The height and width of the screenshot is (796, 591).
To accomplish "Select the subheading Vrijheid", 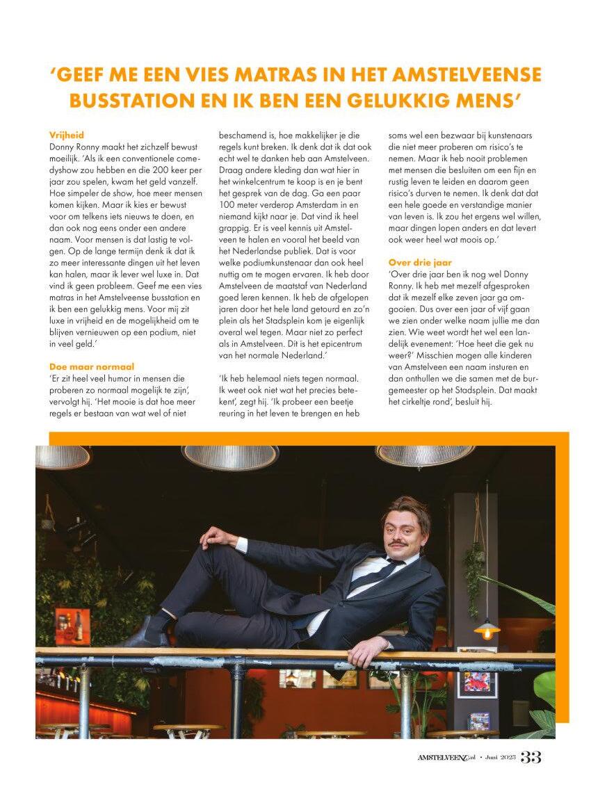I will [67, 135].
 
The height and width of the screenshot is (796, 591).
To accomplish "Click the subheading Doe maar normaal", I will [92, 366].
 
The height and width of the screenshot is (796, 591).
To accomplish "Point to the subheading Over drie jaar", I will [420, 262].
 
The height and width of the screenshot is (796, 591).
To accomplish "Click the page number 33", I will [531, 757].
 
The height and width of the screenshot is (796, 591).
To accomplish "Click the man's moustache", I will [396, 543].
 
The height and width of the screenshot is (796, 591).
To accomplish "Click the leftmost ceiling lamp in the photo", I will [63, 457].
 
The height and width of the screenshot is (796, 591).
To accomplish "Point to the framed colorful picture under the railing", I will [477, 682].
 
